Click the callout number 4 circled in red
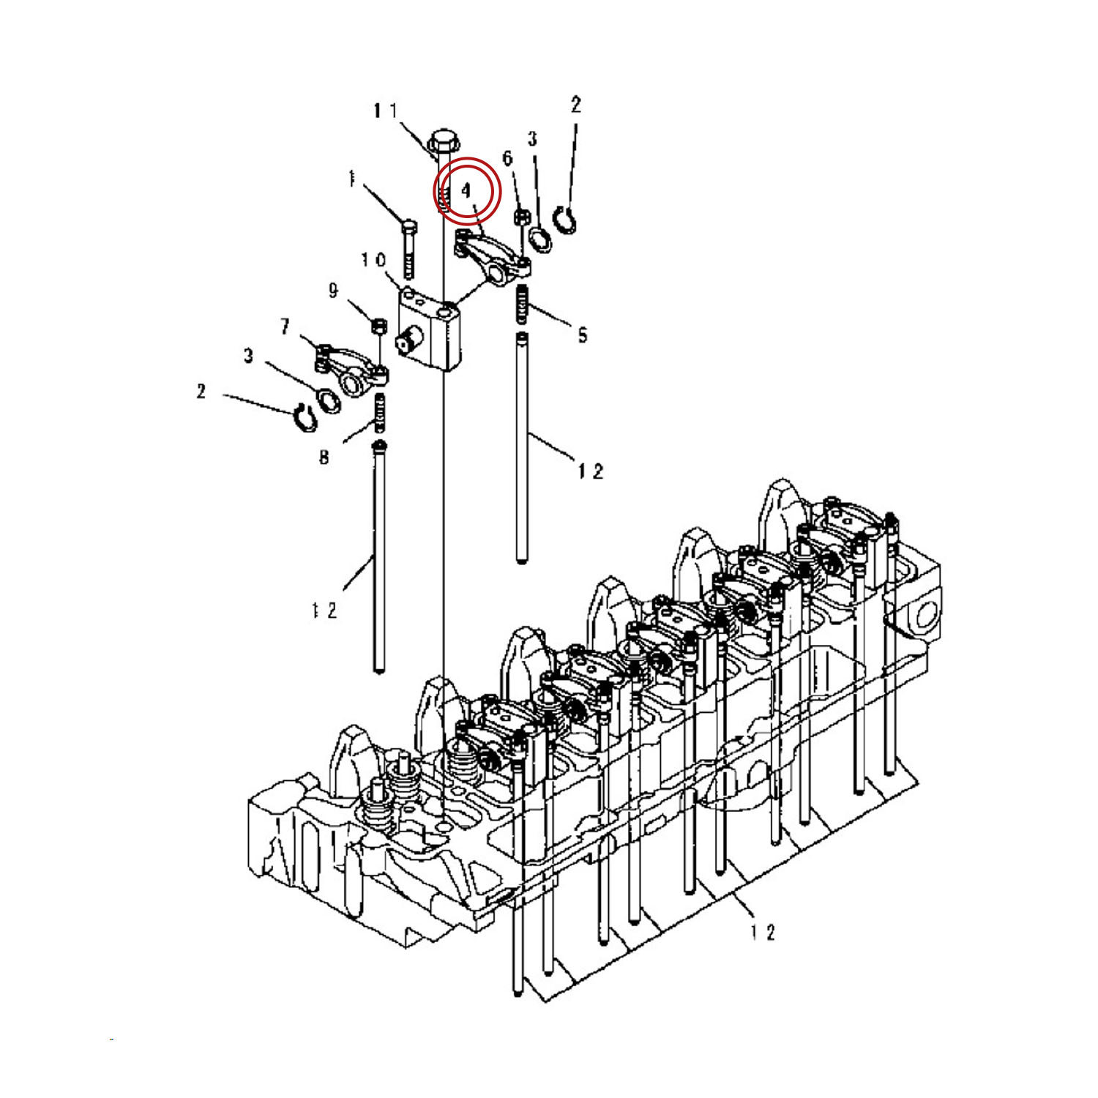467,192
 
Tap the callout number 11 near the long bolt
385,111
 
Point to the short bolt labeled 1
408,249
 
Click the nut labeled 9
378,324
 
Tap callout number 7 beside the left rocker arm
285,326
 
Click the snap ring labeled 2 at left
303,418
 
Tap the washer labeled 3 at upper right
540,239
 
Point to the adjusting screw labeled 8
379,414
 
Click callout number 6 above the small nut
507,158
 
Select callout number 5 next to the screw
582,335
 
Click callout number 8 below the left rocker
324,458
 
